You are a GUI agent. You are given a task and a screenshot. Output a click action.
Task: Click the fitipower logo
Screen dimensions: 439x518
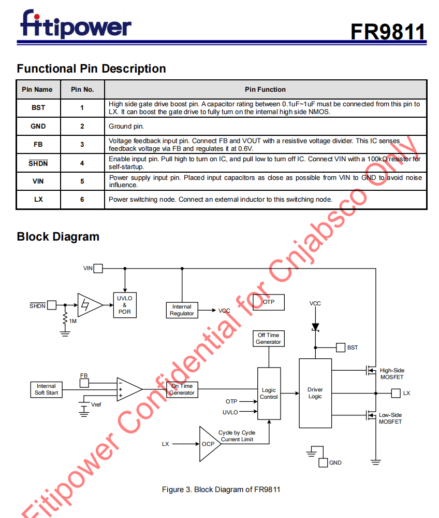tap(76, 24)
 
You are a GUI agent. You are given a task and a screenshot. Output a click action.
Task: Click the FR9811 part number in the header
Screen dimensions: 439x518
tap(388, 32)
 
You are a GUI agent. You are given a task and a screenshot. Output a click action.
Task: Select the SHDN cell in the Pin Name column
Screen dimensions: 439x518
tap(38, 163)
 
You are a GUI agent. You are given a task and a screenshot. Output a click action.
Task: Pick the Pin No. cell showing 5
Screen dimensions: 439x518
tap(82, 181)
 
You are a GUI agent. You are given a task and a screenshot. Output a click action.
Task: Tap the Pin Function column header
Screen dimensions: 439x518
tap(265, 90)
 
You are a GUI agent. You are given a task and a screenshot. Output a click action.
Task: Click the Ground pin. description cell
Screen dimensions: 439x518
tap(266, 126)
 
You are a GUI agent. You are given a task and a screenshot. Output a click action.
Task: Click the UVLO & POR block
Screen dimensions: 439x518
tap(125, 305)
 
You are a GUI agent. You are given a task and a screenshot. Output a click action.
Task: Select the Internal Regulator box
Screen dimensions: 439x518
tap(182, 310)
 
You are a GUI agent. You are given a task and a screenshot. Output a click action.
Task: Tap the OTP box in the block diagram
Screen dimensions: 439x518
tap(269, 302)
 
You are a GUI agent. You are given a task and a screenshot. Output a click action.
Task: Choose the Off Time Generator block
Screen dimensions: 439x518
tap(269, 339)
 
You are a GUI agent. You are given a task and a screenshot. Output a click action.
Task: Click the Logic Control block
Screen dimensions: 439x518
tap(269, 394)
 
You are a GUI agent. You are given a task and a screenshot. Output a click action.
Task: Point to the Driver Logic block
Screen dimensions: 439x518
tap(315, 393)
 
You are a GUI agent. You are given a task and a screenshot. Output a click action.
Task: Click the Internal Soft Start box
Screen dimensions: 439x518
tap(46, 389)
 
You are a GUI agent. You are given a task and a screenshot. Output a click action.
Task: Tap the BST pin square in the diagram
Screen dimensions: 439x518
tap(341, 347)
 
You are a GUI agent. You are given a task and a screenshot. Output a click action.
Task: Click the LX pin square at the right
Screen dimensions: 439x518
tap(396, 393)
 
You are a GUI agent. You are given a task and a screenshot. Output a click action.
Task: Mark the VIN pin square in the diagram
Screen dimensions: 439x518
tap(98, 268)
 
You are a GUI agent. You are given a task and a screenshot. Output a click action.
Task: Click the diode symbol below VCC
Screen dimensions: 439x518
tap(315, 327)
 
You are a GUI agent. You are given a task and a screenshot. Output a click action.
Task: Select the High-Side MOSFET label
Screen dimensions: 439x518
tap(392, 374)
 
